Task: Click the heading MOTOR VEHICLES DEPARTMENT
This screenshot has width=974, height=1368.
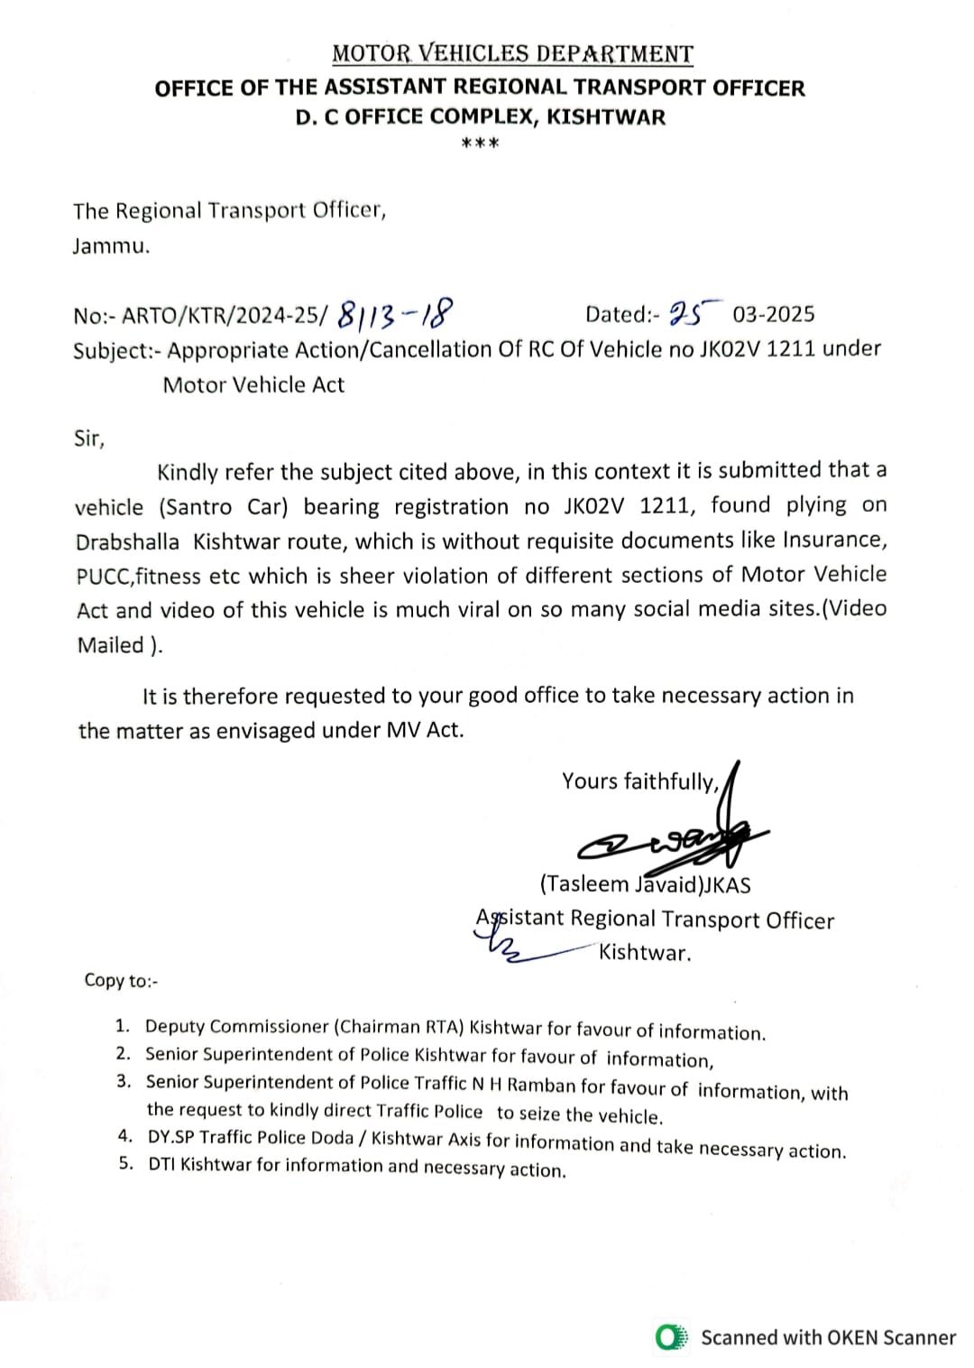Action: (x=512, y=54)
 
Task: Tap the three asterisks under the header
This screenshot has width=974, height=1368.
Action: (x=480, y=143)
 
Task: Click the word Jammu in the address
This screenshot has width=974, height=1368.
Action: (x=110, y=246)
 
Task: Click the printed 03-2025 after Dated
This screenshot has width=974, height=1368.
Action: (x=774, y=314)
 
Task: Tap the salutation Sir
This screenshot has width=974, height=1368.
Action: (x=88, y=439)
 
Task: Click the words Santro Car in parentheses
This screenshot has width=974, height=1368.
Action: (x=223, y=506)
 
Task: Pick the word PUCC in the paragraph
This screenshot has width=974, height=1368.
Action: (x=103, y=576)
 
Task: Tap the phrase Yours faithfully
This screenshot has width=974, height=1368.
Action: (x=639, y=781)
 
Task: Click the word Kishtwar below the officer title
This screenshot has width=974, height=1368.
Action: (x=645, y=953)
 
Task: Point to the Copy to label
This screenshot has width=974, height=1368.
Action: (x=121, y=981)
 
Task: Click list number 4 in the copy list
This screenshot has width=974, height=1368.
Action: (x=125, y=1138)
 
